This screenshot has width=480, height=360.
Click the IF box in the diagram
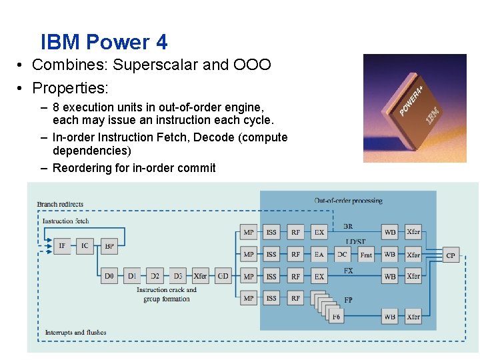(x=62, y=246)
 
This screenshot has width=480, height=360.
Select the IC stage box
(x=85, y=246)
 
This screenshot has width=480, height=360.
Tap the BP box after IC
(x=109, y=246)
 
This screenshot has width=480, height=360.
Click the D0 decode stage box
(x=109, y=276)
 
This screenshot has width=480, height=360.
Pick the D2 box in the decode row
(x=155, y=276)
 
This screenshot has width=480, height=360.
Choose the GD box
(x=223, y=276)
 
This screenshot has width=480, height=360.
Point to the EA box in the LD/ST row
(x=319, y=255)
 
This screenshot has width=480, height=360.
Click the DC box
(x=342, y=255)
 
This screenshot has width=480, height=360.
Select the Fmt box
(x=366, y=255)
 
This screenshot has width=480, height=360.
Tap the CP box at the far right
(x=451, y=255)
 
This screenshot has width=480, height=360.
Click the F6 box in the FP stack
(x=337, y=316)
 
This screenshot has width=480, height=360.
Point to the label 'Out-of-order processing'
(x=348, y=201)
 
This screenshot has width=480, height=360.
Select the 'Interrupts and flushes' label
(x=75, y=332)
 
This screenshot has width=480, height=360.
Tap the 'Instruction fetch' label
(x=65, y=221)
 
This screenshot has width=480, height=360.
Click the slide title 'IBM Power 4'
(x=104, y=43)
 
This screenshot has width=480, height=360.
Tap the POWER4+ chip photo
(x=414, y=108)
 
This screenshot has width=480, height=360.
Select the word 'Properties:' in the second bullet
(x=70, y=87)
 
